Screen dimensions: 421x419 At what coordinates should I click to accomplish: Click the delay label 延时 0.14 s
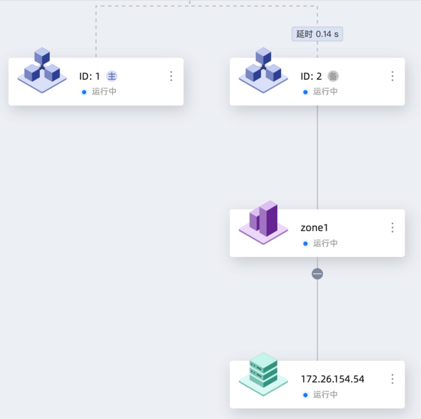[317, 34]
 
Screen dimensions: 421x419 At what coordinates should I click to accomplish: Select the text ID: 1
[90, 76]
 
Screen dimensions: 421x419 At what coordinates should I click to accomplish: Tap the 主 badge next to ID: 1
[112, 76]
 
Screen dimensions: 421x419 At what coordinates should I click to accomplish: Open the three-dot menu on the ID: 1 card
[171, 76]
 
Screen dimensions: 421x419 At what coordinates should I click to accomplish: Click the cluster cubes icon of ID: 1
[42, 70]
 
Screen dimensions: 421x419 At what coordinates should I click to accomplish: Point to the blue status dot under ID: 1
[84, 92]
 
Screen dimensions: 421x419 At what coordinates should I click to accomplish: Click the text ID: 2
[311, 76]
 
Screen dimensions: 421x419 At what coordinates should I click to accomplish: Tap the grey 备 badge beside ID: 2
[333, 76]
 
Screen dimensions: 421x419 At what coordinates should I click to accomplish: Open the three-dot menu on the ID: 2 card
[392, 76]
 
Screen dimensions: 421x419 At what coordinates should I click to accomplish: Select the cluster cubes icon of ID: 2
[263, 70]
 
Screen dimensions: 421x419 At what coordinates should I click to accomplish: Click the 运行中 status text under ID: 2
[325, 92]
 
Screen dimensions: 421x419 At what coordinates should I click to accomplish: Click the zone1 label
[314, 227]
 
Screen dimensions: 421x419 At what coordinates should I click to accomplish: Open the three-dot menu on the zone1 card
[392, 227]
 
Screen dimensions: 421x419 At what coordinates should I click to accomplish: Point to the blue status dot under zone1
[305, 243]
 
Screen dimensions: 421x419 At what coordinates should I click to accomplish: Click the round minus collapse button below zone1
[317, 274]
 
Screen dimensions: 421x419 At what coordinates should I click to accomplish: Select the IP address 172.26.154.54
[332, 379]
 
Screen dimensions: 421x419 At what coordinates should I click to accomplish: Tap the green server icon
[263, 373]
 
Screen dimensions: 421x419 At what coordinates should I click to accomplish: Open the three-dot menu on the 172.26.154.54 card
[392, 379]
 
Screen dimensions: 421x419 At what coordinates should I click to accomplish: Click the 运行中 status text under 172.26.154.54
[325, 395]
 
